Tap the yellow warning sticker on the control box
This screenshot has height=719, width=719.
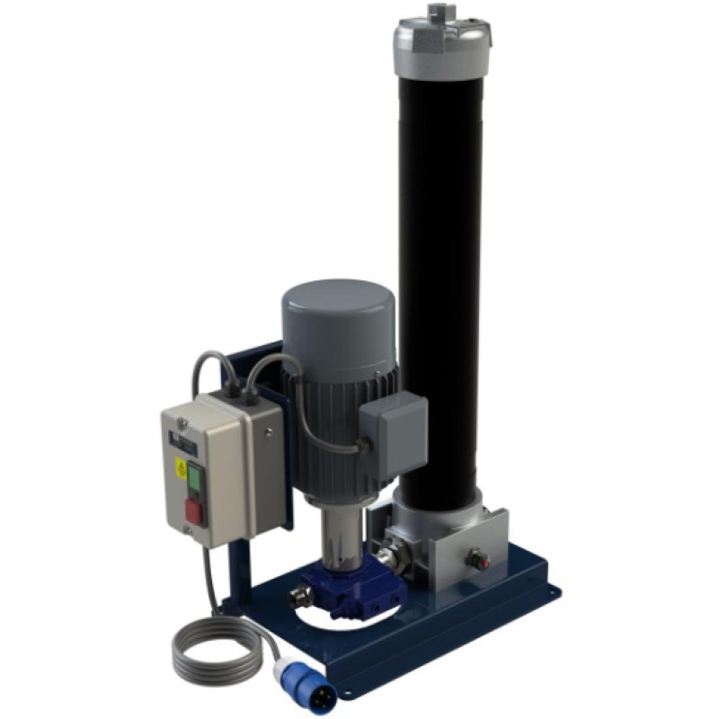tap(181, 467)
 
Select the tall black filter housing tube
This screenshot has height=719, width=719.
tap(439, 270)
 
